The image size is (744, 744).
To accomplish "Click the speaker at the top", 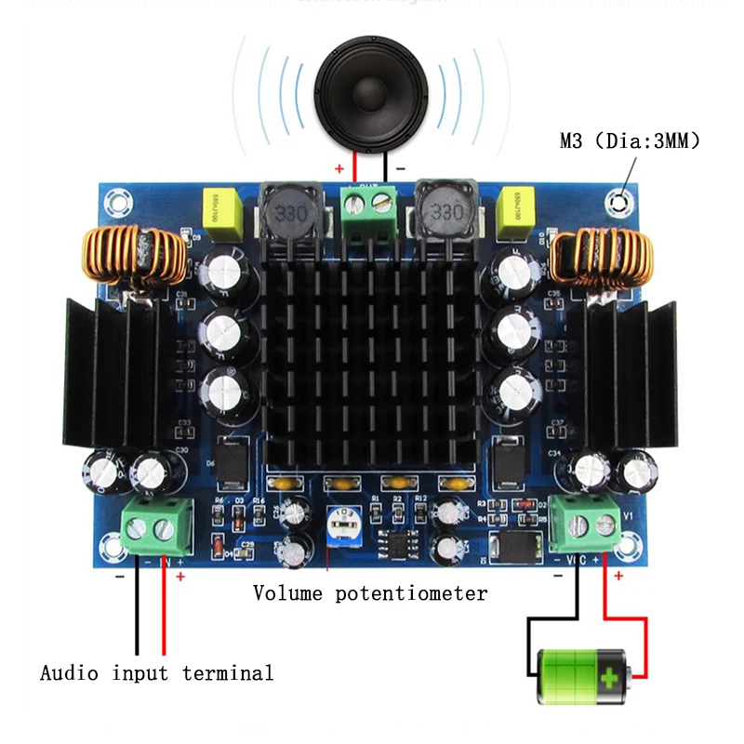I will pos(371,94).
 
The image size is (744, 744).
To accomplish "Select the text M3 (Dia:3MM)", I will pos(629,141).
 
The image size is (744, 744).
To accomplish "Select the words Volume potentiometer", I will pos(369,592).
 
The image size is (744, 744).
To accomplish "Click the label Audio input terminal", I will pos(156,672).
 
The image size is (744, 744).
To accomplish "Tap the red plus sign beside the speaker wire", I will pos(339,169).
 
